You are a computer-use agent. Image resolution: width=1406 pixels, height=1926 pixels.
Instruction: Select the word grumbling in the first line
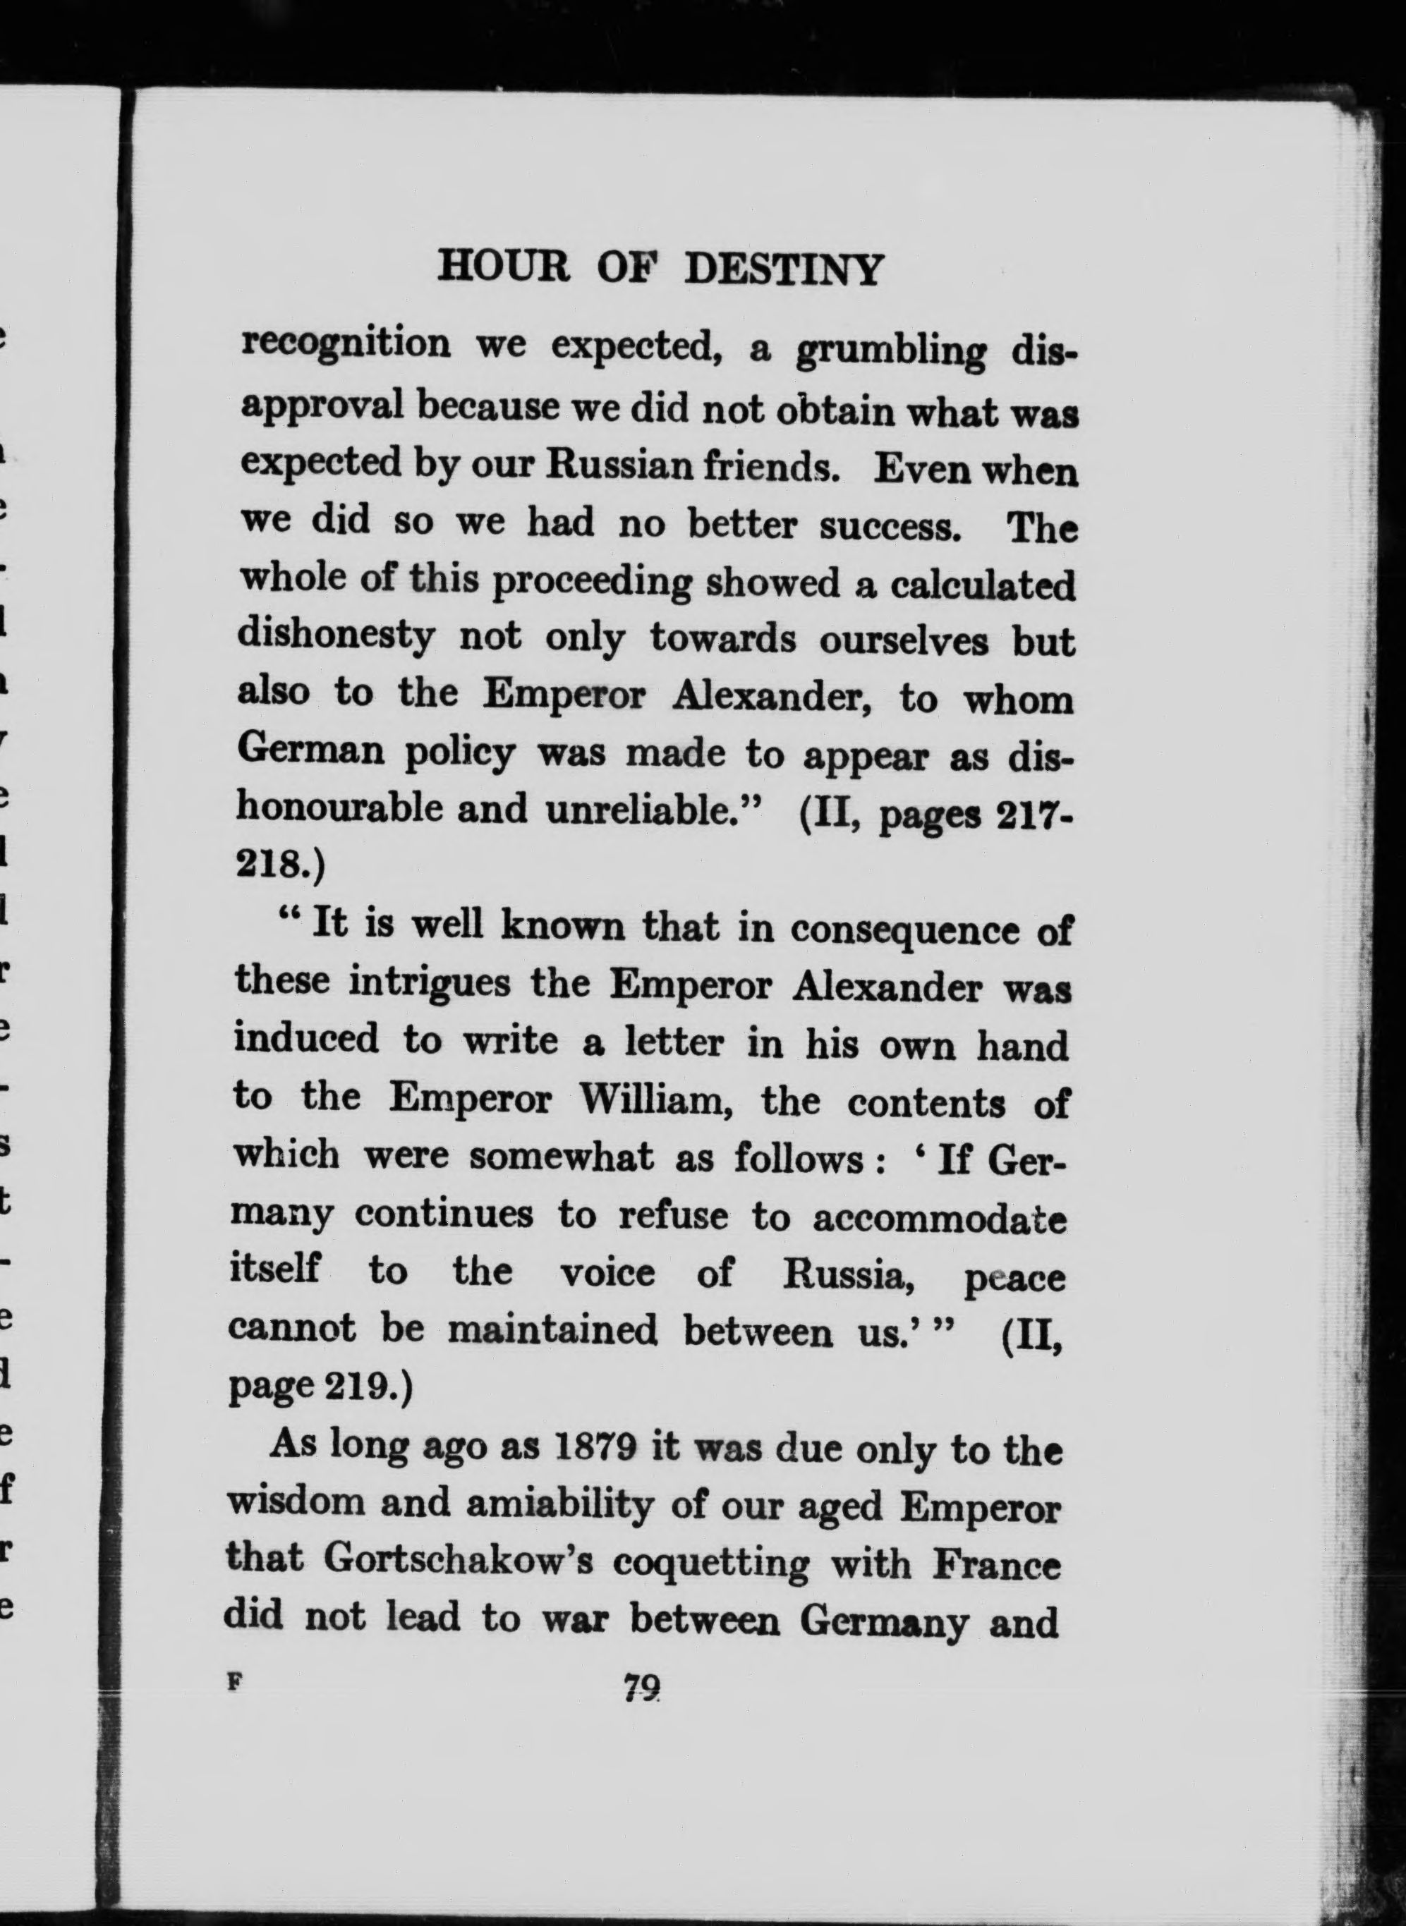click(890, 351)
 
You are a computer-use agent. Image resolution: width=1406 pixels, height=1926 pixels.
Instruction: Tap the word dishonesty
click(334, 639)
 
